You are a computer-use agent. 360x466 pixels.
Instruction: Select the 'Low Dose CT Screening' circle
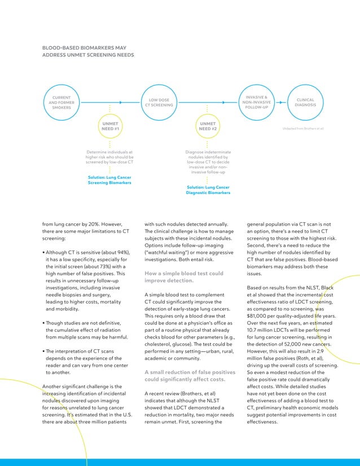(159, 103)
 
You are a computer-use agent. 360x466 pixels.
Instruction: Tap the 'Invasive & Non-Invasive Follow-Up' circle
(256, 103)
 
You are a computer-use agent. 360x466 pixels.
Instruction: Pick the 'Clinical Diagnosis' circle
(305, 103)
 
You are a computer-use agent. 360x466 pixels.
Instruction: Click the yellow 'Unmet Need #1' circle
(109, 126)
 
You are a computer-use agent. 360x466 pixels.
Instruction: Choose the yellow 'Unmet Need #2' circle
(208, 126)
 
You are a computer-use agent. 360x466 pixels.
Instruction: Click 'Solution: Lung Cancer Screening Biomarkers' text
(109, 180)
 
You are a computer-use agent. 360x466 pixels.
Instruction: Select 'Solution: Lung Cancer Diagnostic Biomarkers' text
(208, 190)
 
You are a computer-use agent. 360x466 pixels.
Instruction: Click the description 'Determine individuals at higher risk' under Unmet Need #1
(109, 157)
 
